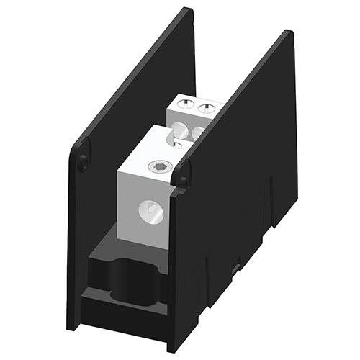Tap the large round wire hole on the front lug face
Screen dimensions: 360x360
pyautogui.click(x=152, y=212)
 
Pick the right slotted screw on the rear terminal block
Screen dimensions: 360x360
pyautogui.click(x=206, y=109)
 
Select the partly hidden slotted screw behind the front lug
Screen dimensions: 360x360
pyautogui.click(x=177, y=144)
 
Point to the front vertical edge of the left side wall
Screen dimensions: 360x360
pyautogui.click(x=69, y=238)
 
